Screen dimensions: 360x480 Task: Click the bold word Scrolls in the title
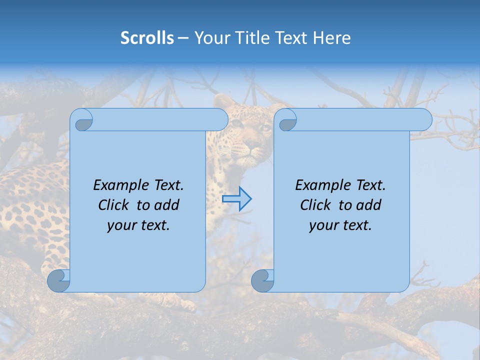(147, 38)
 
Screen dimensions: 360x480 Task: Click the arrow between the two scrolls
(236, 198)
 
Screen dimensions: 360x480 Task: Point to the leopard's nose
(256, 150)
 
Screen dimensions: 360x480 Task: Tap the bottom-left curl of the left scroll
(58, 281)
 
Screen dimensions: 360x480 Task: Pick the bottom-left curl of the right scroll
(262, 281)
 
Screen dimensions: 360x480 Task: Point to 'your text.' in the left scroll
(138, 225)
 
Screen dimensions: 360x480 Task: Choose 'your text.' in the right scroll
(340, 225)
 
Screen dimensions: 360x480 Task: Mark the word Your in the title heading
(210, 38)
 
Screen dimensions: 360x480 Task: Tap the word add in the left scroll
(167, 205)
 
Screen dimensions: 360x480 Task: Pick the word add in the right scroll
(369, 205)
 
